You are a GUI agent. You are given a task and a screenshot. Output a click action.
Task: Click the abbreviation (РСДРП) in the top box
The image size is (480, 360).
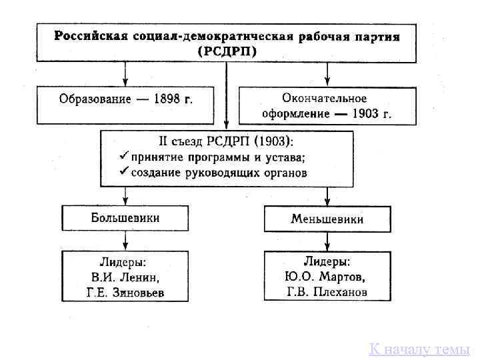(227, 51)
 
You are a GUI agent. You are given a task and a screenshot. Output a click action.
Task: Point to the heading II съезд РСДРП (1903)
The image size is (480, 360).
(225, 142)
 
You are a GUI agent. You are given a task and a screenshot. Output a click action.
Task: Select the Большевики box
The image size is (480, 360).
(125, 217)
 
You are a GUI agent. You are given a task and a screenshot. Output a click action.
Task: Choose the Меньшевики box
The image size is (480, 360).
(327, 219)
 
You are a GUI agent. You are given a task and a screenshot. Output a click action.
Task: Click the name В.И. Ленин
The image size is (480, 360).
(125, 278)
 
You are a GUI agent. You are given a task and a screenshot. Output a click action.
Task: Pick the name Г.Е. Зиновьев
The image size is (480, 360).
(125, 293)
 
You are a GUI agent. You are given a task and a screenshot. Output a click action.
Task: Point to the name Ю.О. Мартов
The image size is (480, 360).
(327, 277)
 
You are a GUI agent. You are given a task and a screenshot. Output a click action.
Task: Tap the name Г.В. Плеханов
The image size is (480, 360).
(327, 292)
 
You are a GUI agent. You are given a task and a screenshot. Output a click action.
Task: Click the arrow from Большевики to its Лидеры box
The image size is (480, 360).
(125, 240)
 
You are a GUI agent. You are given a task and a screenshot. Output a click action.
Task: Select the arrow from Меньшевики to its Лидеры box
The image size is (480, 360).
(327, 241)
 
